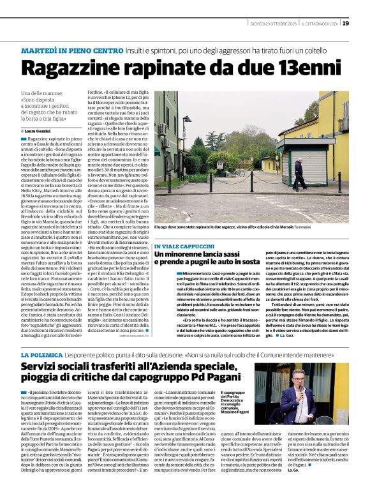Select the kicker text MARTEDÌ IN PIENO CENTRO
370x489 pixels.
coord(69,50)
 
